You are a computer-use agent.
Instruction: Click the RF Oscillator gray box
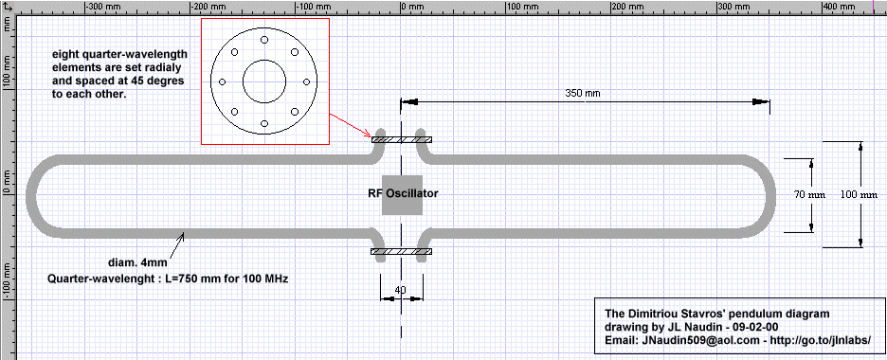tap(402, 194)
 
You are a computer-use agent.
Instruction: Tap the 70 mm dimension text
tap(809, 195)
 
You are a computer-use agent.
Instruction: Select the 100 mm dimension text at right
tap(859, 195)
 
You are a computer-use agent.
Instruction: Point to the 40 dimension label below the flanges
tap(401, 290)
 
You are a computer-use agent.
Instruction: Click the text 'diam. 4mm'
tap(136, 262)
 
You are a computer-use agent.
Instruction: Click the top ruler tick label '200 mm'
tap(627, 7)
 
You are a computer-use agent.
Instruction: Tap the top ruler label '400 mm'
tap(839, 7)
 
